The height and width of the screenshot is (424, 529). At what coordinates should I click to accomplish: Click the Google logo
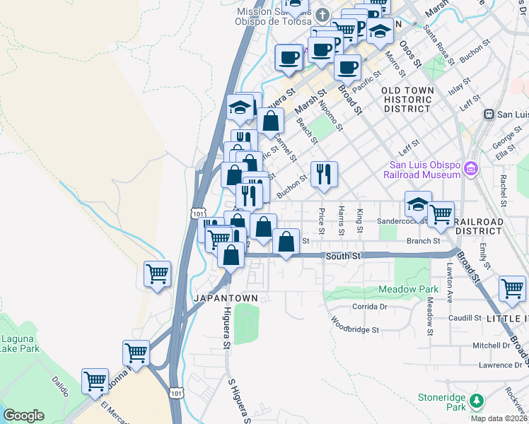(x=23, y=416)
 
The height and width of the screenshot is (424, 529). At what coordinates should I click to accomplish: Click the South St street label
(x=344, y=257)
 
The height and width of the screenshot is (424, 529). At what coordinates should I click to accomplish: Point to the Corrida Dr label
(x=370, y=307)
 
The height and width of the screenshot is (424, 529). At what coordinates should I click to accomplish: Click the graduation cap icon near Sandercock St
(x=418, y=204)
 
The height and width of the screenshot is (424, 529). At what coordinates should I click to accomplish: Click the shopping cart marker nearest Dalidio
(x=94, y=382)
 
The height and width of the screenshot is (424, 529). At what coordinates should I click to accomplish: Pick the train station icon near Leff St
(x=488, y=114)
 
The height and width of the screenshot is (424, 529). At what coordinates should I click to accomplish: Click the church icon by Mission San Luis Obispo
(x=322, y=15)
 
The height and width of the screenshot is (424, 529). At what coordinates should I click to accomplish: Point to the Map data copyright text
(x=499, y=418)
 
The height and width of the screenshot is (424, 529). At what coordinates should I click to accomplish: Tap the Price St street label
(x=321, y=220)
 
